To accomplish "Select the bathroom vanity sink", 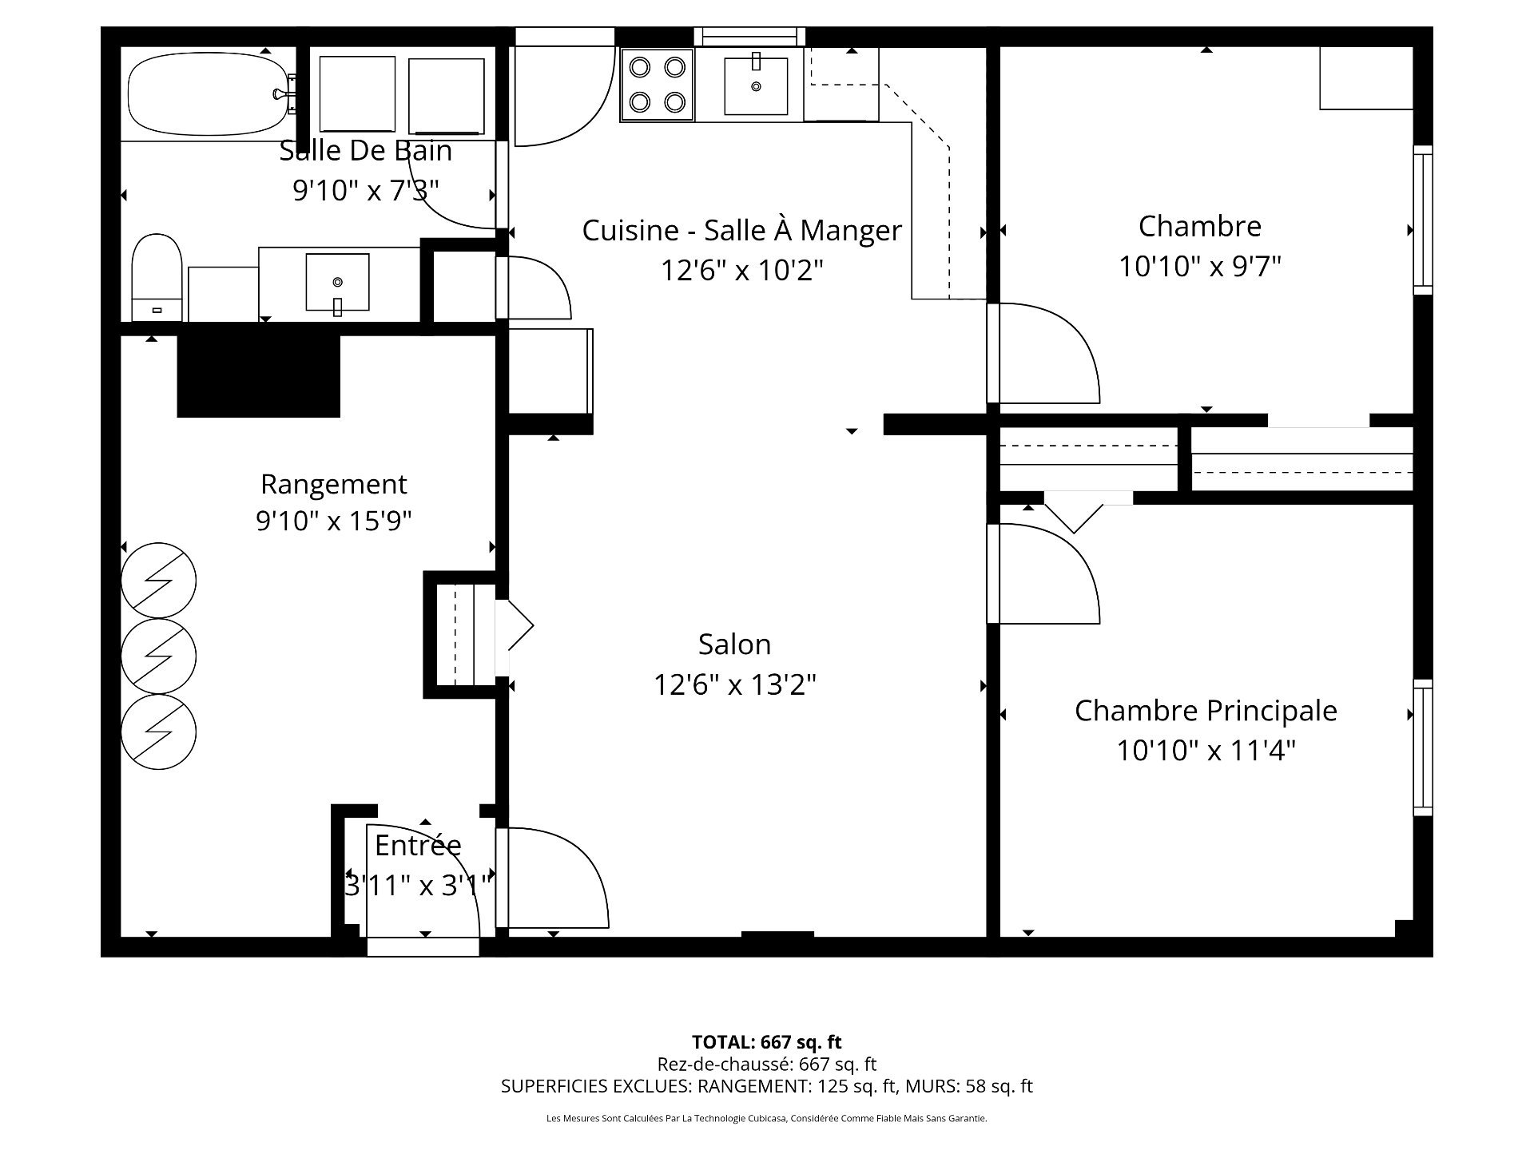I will (x=337, y=282).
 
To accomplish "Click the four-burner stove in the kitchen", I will (x=658, y=84).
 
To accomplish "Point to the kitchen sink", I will (x=755, y=85).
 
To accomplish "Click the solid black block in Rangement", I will (x=258, y=375).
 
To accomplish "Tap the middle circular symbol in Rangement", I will (x=158, y=656).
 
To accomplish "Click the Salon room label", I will (x=734, y=644).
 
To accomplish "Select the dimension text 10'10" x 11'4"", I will (x=1205, y=751).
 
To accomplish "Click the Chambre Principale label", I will (x=1205, y=711).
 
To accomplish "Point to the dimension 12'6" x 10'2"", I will (x=741, y=271).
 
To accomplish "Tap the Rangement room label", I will (x=333, y=484).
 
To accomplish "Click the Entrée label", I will (x=418, y=845).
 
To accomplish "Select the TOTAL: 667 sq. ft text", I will (x=766, y=1042).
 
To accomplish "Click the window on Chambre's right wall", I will (x=1422, y=220).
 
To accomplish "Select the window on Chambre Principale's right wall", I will (x=1422, y=747).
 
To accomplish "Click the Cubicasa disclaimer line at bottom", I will (x=766, y=1119).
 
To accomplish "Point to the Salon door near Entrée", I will (x=551, y=878).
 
